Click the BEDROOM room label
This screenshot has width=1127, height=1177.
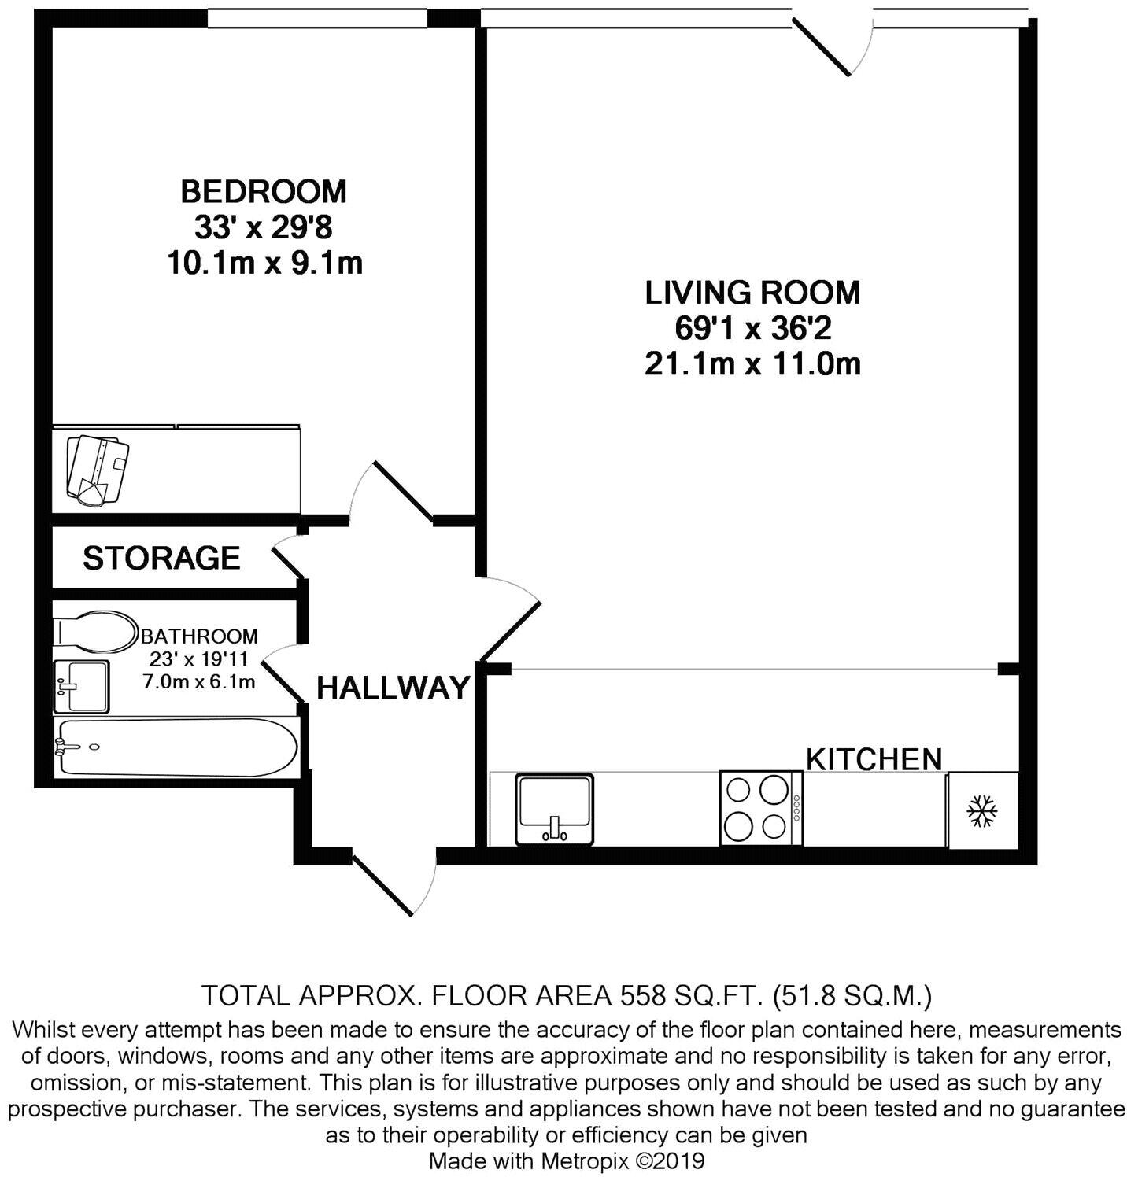click(264, 191)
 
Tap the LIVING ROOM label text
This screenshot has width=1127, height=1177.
click(752, 292)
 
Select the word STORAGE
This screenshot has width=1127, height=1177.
click(161, 558)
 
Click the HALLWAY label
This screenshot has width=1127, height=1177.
click(393, 688)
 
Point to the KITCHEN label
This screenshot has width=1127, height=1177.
click(874, 759)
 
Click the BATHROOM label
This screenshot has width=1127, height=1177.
click(199, 636)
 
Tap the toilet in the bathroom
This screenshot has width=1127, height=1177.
click(94, 632)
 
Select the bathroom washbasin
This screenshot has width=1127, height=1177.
click(81, 685)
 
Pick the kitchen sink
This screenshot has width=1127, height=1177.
click(555, 809)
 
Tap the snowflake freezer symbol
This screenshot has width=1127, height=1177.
click(982, 810)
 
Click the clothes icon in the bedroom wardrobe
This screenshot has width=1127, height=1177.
click(98, 469)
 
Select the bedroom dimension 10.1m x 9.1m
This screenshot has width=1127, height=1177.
click(264, 263)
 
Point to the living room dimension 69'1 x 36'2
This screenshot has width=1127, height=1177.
click(752, 328)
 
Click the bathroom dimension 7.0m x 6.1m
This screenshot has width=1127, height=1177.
click(199, 682)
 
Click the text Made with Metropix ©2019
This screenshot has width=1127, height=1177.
click(566, 1160)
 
